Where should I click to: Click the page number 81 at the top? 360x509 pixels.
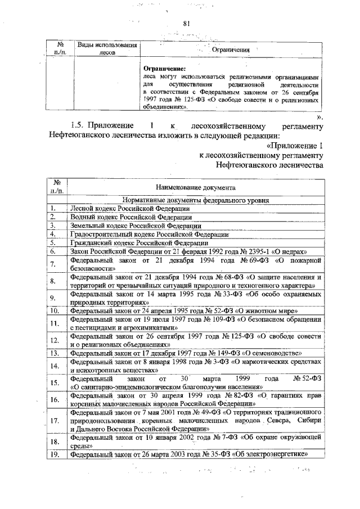(x=188, y=23)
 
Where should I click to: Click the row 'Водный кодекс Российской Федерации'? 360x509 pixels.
(x=127, y=217)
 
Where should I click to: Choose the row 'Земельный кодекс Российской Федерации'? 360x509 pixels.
(x=131, y=225)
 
